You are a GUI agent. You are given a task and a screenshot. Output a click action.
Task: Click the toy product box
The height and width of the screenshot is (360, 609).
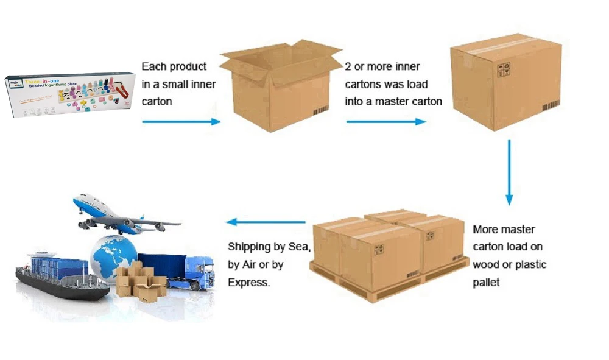[69, 94]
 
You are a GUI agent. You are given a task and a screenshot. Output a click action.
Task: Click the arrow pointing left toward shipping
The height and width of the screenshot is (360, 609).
[266, 222]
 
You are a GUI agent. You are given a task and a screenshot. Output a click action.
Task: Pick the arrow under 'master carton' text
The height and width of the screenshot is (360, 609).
[385, 122]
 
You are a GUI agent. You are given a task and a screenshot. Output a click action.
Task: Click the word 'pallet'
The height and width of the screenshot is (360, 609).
[486, 283]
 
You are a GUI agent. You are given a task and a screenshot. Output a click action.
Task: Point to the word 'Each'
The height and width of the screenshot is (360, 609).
[153, 66]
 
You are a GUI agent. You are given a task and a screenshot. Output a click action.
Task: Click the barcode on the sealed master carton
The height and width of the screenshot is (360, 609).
[551, 105]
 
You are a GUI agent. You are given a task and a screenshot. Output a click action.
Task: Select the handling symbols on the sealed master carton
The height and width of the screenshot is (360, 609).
[504, 69]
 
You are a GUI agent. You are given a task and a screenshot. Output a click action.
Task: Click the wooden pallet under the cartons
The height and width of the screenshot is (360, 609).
[390, 286]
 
